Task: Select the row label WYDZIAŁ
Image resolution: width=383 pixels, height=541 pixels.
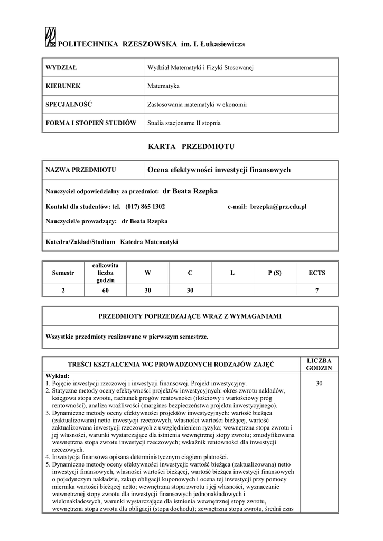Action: (x=62, y=68)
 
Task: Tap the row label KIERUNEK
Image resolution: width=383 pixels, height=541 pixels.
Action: (x=63, y=86)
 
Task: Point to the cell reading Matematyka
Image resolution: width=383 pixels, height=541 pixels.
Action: (x=163, y=86)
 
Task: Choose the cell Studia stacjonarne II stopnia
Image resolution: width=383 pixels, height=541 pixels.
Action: (x=184, y=123)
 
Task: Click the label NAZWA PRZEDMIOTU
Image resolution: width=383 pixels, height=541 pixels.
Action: (x=81, y=170)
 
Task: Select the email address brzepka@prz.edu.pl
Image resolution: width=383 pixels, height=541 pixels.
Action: (x=278, y=207)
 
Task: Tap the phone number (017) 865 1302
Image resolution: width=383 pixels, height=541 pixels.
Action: (x=145, y=207)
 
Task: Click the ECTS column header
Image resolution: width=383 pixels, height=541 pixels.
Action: (x=317, y=273)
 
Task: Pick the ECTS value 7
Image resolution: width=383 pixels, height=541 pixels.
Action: (x=317, y=290)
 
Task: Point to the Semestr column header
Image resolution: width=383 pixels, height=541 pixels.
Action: (x=63, y=273)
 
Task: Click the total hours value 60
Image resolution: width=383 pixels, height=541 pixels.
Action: (x=105, y=290)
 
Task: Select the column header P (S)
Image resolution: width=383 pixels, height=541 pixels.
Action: (x=275, y=273)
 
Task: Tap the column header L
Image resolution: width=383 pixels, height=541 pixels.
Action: (x=232, y=273)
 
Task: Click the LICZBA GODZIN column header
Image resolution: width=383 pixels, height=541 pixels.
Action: (x=319, y=363)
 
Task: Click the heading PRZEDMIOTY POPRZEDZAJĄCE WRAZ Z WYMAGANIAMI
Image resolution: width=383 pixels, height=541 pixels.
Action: (x=190, y=316)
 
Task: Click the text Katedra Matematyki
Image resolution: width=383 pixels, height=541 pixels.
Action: (x=150, y=242)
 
